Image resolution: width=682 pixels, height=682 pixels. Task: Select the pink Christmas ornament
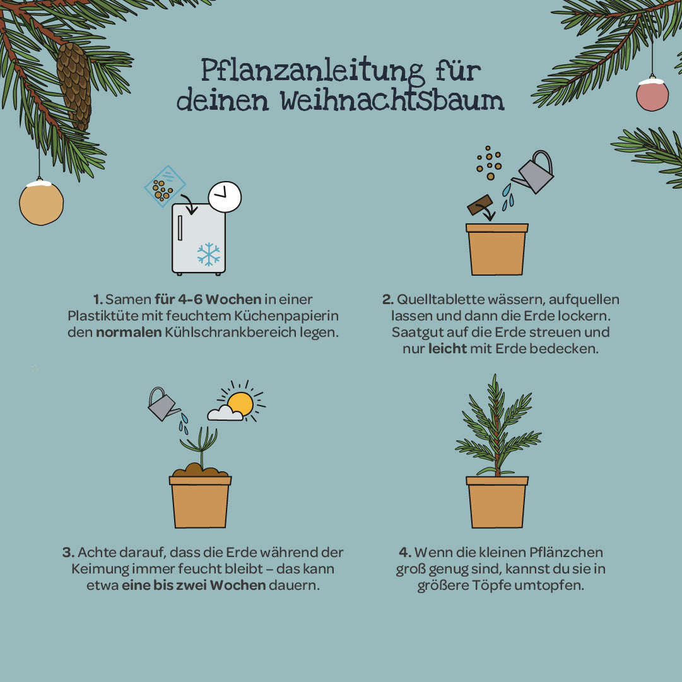(652, 95)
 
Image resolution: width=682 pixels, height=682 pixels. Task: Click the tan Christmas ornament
(41, 203)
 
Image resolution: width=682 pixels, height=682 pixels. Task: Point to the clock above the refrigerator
(225, 197)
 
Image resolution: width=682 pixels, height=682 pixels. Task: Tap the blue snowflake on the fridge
(208, 254)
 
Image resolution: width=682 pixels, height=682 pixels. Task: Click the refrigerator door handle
(180, 228)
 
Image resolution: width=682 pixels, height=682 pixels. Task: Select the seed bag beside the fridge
(165, 186)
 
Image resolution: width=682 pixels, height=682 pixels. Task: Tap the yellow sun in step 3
(240, 403)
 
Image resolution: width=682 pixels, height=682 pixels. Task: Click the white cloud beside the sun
(225, 414)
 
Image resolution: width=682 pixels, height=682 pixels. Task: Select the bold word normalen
(129, 332)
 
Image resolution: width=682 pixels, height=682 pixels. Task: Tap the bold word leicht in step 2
(447, 348)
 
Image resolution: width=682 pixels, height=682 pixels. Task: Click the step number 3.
(68, 553)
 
